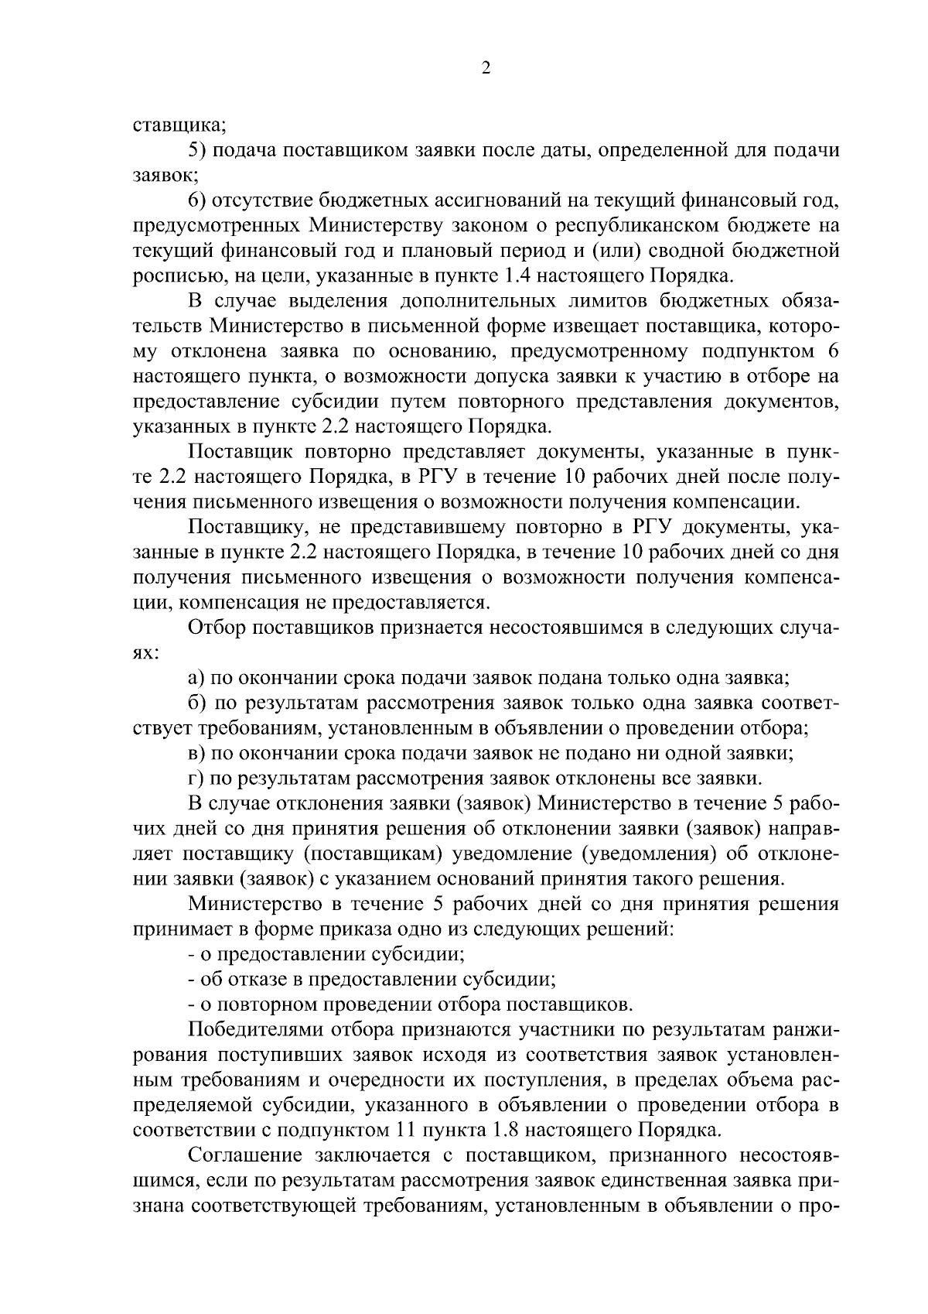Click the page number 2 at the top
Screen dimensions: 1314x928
click(486, 69)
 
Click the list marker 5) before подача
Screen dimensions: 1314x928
click(197, 150)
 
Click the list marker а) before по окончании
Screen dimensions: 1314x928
click(196, 678)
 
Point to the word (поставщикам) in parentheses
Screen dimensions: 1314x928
click(370, 853)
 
